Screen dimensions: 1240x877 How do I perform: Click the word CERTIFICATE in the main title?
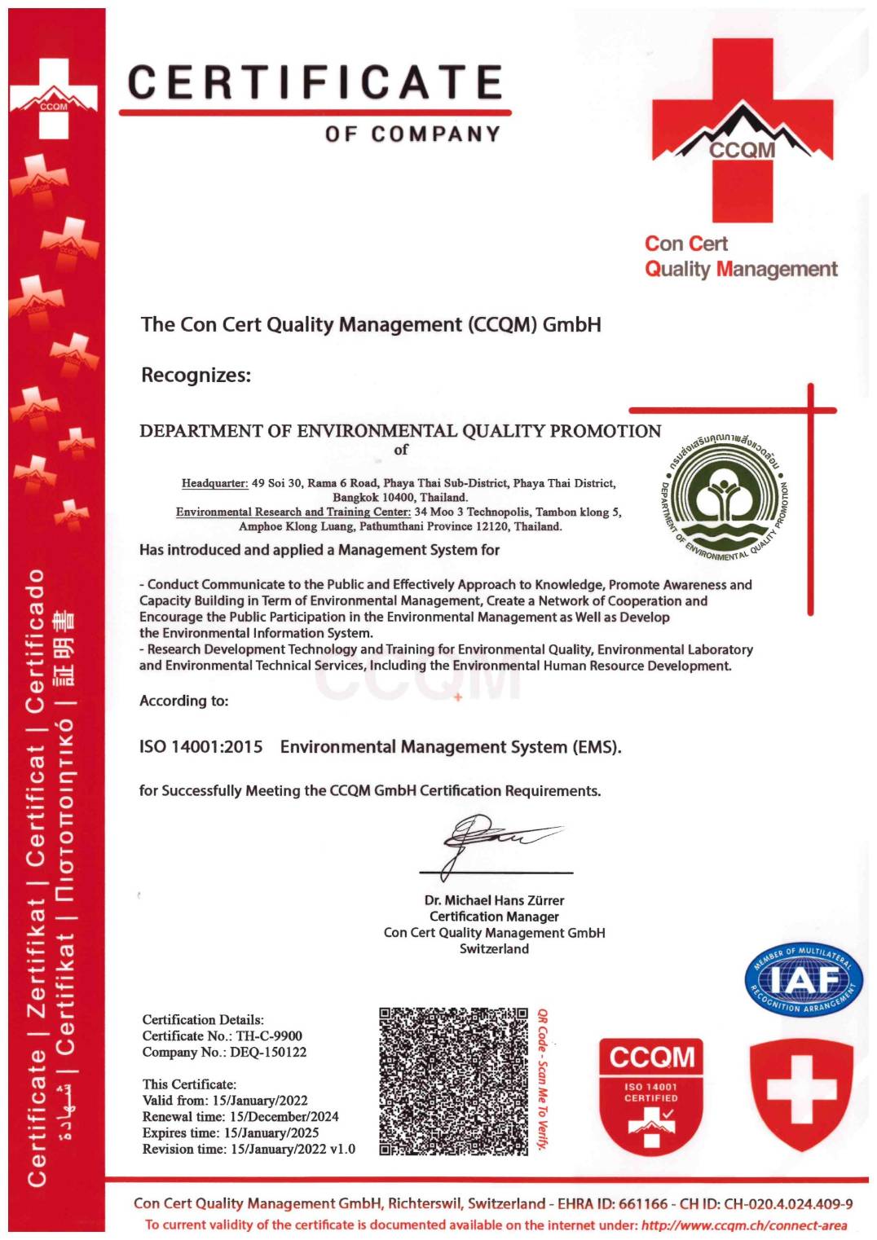tap(315, 83)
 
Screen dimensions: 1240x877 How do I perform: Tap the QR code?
tap(453, 1081)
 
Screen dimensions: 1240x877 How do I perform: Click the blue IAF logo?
tap(803, 980)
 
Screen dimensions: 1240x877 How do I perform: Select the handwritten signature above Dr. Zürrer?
tap(489, 839)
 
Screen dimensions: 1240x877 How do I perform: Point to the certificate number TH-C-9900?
tap(269, 1036)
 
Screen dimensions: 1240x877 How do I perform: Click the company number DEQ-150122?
tap(268, 1053)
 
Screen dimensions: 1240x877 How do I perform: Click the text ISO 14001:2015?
tap(201, 747)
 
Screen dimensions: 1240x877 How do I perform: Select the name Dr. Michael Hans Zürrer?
tap(494, 900)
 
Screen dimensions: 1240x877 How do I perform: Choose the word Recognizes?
tap(196, 376)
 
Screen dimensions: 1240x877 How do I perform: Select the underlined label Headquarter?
tap(214, 483)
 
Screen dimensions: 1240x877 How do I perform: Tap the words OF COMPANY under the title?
tap(412, 134)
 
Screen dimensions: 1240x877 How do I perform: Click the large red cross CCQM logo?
tap(742, 130)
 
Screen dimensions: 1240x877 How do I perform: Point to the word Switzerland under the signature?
tap(494, 949)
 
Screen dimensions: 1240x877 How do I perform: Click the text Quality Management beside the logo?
tap(741, 270)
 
